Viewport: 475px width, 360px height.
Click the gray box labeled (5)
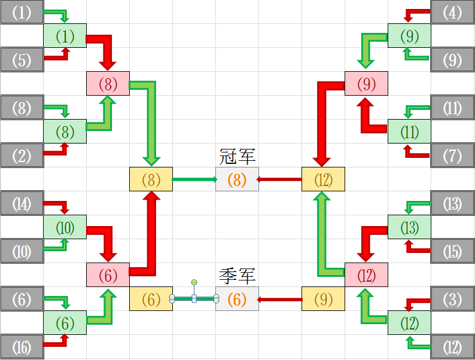point(22,60)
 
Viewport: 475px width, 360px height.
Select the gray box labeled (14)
point(22,203)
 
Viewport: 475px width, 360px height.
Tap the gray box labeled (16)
point(22,347)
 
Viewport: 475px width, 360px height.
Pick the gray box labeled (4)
point(453,12)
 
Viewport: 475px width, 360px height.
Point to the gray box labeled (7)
point(453,155)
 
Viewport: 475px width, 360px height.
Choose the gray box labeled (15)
point(453,251)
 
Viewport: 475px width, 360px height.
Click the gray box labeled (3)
point(453,299)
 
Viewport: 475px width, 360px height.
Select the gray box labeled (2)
point(22,155)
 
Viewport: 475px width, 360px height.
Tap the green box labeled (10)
point(65,227)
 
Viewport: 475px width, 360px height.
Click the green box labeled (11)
point(409,132)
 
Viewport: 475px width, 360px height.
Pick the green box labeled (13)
point(409,227)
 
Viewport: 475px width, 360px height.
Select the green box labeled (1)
point(65,36)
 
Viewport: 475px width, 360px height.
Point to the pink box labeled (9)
point(366,84)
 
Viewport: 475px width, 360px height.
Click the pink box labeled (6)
point(108,275)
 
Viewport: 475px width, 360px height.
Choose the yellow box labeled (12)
point(323,179)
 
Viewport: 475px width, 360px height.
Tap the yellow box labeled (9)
point(323,299)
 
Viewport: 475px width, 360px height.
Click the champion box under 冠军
point(237,179)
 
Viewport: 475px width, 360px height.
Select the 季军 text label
point(237,276)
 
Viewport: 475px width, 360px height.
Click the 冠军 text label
point(237,157)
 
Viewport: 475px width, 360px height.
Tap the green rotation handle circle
point(194,281)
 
